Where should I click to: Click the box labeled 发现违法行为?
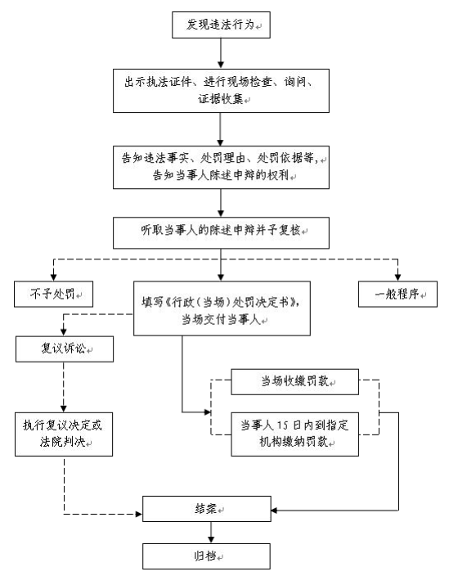point(221,25)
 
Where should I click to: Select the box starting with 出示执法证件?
point(221,91)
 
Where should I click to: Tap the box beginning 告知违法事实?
point(221,167)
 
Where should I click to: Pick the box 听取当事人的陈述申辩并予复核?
point(221,233)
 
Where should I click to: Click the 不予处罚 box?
point(53,294)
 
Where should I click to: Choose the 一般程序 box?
point(397,294)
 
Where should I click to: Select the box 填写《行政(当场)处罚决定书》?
point(222,308)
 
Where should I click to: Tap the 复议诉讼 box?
point(65,349)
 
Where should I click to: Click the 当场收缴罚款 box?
point(294,381)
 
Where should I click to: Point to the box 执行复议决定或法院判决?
point(64,434)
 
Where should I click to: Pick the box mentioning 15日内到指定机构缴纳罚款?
point(294,434)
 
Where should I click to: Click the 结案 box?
point(207,509)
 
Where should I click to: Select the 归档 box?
point(206,556)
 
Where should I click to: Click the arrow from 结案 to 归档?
point(211,533)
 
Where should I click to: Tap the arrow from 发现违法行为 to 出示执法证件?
point(221,53)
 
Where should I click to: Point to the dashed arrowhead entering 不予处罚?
point(53,277)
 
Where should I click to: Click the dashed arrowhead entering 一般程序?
point(397,277)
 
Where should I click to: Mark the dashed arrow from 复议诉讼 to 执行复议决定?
point(64,387)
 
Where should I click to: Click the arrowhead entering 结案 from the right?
point(275,510)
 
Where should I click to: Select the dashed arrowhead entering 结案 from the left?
point(139,514)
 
